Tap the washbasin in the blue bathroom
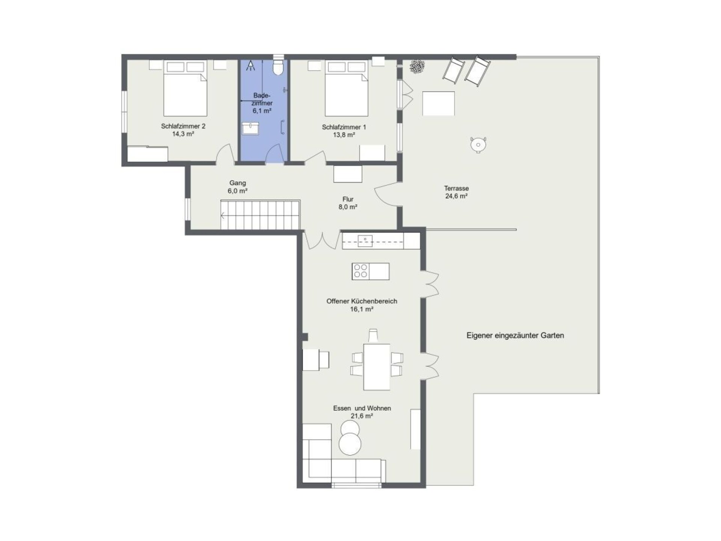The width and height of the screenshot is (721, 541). pos(250,128)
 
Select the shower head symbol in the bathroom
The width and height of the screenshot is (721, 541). pos(250,66)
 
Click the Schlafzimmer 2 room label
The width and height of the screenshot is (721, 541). pos(183,126)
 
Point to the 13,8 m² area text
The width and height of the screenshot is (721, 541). pos(344,135)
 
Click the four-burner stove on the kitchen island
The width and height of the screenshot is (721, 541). pos(360,271)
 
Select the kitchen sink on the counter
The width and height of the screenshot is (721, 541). pos(365,240)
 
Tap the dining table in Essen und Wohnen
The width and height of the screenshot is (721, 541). pos(377,367)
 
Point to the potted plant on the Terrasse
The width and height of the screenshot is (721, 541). pos(417,67)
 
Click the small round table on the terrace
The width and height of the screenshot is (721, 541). pos(478,145)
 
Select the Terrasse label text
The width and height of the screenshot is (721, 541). pos(456,188)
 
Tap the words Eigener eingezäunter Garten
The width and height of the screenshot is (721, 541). pos(515,335)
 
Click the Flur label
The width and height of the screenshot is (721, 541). pos(348,199)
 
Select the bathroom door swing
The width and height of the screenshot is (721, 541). pos(273,154)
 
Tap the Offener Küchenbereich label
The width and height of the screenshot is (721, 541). pos(362,301)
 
